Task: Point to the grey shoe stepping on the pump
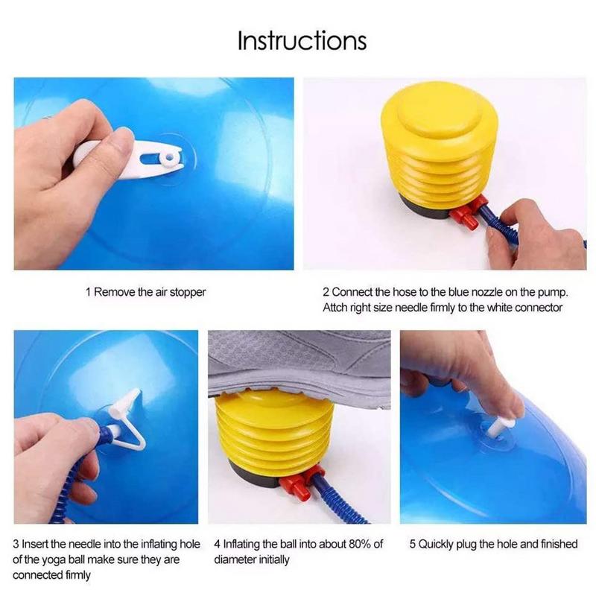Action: [298, 365]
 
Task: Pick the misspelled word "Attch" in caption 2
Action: [337, 307]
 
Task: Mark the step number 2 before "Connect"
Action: [326, 292]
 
